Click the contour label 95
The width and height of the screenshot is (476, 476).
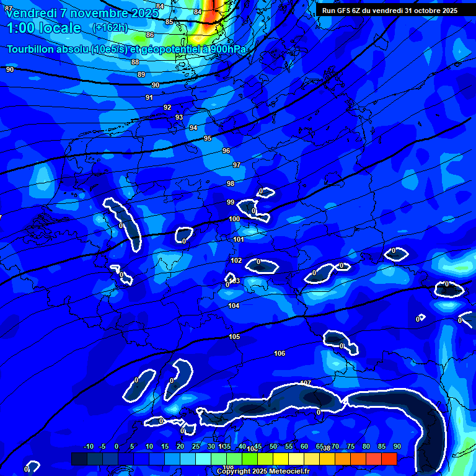point(208,138)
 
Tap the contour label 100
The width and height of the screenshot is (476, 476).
point(234,219)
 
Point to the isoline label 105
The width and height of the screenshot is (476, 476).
point(234,337)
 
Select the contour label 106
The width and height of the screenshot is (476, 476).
point(280,353)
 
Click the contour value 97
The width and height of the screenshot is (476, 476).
point(237,165)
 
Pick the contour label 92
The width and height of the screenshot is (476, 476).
point(167,107)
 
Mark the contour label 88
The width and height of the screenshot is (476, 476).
point(135,62)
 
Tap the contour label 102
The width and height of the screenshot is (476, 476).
point(236,260)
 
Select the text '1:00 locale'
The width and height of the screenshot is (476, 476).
point(44,28)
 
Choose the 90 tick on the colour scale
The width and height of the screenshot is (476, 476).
point(397,446)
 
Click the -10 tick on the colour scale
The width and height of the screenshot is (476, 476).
point(88,446)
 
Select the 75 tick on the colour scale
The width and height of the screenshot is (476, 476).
point(350,446)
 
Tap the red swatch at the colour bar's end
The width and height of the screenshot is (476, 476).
point(389,459)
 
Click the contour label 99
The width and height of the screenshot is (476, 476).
point(231,202)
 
